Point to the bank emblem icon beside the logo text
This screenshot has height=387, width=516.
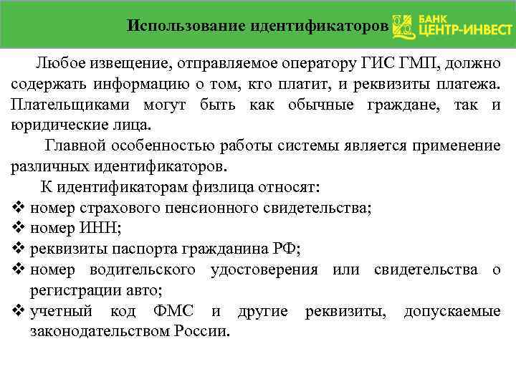point(403,26)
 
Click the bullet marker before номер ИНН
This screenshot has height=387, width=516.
point(19,229)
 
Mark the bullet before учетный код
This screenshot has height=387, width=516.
point(19,311)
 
